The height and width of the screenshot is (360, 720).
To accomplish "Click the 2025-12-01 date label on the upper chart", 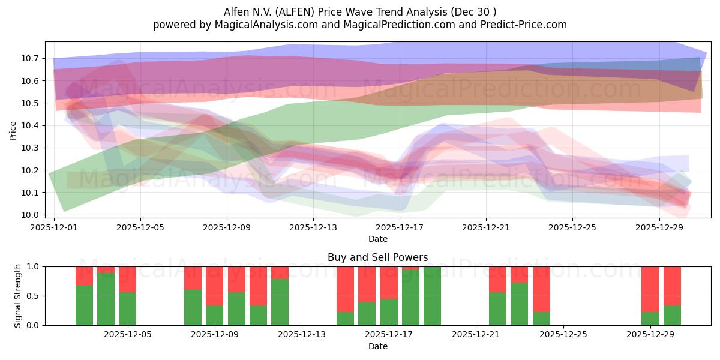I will [x=55, y=227].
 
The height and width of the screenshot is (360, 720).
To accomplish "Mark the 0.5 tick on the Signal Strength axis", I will [x=33, y=296].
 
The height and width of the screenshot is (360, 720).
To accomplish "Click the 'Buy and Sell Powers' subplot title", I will [x=377, y=257].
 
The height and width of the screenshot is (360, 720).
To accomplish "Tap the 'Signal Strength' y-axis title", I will [x=18, y=296].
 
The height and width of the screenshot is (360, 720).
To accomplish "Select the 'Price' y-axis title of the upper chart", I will [x=13, y=130].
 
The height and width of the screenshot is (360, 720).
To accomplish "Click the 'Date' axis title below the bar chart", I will [x=377, y=346].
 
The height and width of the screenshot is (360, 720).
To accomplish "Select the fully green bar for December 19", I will [x=432, y=296].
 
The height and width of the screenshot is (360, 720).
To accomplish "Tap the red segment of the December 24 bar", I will [x=541, y=289].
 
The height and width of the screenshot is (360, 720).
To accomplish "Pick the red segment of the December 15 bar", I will [x=345, y=289].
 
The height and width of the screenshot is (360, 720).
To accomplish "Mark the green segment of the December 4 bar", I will [x=106, y=299].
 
